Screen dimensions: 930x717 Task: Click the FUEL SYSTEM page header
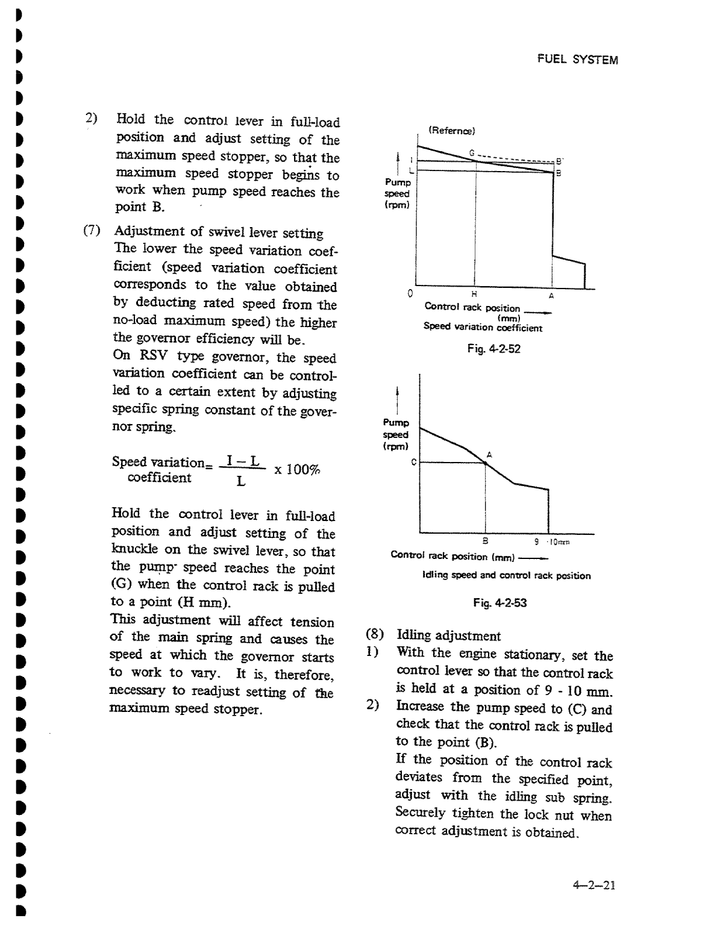577,60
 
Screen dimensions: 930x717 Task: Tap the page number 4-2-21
593,885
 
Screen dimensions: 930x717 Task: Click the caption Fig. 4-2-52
493,349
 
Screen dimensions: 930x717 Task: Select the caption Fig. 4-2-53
499,602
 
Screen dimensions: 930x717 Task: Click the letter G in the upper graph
472,152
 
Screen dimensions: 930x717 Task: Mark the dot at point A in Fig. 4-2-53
486,463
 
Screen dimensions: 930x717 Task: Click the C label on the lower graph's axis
413,463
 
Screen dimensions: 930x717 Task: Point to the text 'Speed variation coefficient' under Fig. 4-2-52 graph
483,328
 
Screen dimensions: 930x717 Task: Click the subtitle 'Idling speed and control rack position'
506,576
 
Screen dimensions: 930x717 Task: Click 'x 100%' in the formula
297,470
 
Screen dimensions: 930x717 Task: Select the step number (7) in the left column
92,231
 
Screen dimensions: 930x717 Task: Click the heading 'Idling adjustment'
448,636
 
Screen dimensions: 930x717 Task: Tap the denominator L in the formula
240,482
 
